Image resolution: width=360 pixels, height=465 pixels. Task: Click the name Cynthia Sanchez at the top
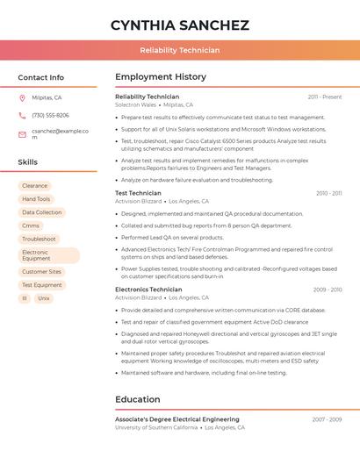tap(179, 25)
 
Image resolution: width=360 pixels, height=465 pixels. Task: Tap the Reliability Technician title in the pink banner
tap(179, 50)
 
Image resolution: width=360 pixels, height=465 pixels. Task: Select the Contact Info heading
tap(41, 77)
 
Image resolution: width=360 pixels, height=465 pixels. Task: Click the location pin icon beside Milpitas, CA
tap(22, 98)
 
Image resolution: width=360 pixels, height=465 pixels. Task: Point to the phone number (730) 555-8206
tap(50, 115)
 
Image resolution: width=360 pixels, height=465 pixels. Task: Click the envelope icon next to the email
tap(22, 134)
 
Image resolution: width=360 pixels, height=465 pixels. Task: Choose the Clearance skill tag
tap(35, 186)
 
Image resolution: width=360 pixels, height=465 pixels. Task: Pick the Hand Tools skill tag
tap(36, 199)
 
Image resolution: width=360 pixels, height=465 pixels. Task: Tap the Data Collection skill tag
tap(42, 212)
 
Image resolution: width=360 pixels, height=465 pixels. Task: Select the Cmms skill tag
tap(31, 225)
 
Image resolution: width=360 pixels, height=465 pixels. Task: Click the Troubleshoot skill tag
tap(39, 239)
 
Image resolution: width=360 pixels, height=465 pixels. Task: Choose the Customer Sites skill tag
tap(42, 272)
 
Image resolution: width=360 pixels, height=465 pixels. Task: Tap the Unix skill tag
tap(44, 298)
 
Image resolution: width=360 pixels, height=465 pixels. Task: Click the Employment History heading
tap(161, 77)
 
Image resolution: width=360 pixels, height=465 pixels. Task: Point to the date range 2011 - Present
tap(324, 97)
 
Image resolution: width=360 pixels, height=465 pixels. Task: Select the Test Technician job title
tap(138, 193)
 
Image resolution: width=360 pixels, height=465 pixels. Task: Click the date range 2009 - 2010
tap(327, 290)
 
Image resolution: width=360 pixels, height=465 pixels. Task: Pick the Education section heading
tap(138, 400)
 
